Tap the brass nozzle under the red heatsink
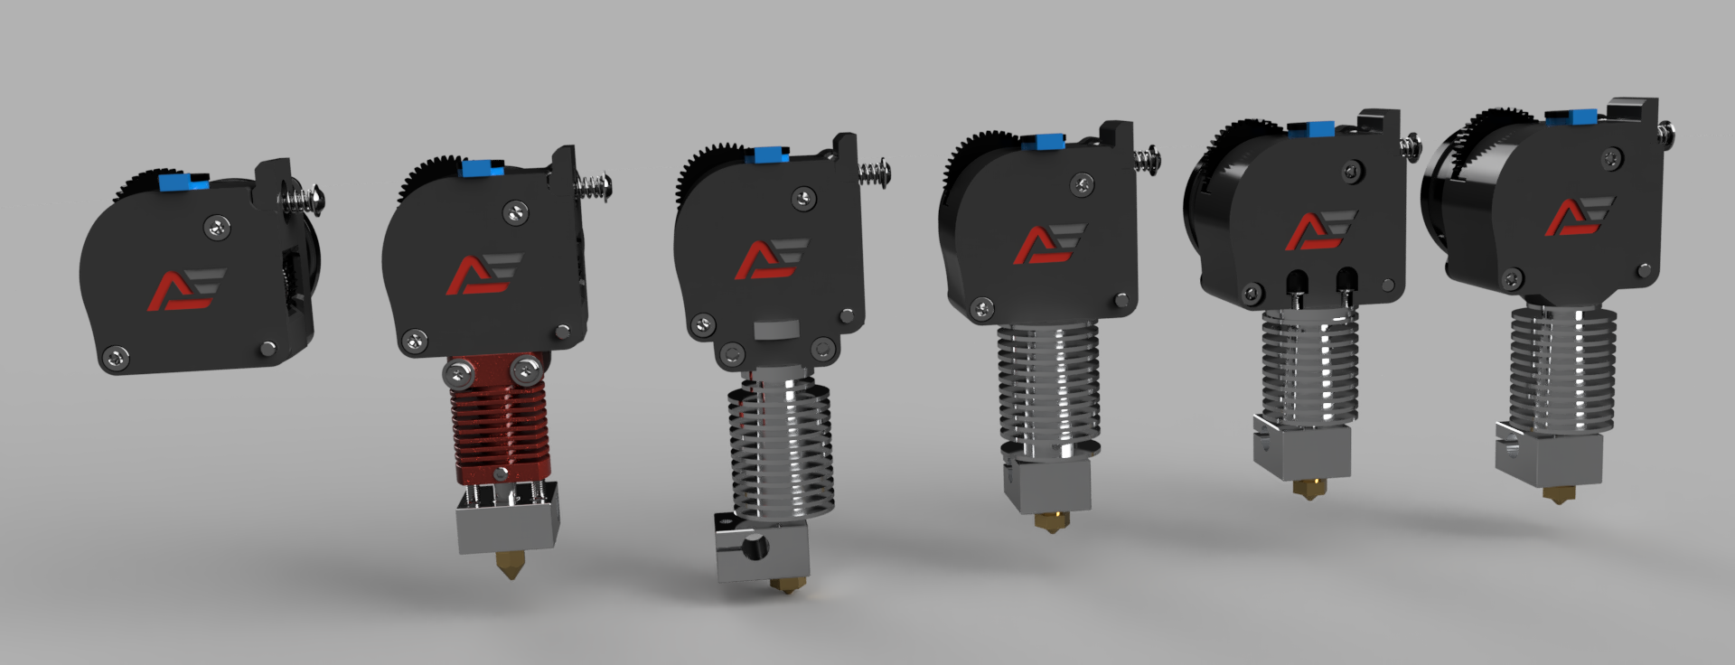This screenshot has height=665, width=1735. [x=510, y=565]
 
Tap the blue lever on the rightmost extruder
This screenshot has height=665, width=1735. [x=1571, y=116]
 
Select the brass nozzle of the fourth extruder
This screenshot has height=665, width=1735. [x=1050, y=521]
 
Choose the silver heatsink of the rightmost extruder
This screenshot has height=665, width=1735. [x=1561, y=370]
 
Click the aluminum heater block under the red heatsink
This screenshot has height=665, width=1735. [x=506, y=524]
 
